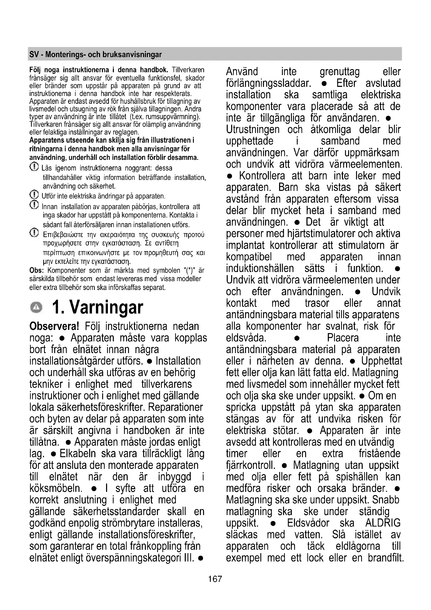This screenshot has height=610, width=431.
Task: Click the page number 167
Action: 215,579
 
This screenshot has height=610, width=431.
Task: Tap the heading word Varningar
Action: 106,307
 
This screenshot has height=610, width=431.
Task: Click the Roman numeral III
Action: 188,558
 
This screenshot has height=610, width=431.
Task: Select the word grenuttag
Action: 340,72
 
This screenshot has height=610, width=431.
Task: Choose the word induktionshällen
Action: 260,268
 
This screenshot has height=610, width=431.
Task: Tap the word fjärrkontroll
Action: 250,465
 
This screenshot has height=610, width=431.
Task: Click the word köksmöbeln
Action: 56,488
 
